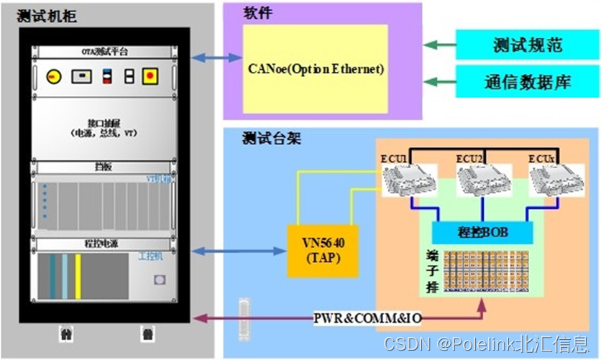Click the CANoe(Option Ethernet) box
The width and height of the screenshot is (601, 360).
pyautogui.click(x=316, y=69)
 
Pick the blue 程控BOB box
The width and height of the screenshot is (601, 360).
pyautogui.click(x=482, y=231)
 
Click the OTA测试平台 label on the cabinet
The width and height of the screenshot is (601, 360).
pyautogui.click(x=103, y=51)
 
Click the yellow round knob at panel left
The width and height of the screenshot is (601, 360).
pyautogui.click(x=52, y=75)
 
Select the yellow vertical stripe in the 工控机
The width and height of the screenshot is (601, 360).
pyautogui.click(x=78, y=276)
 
